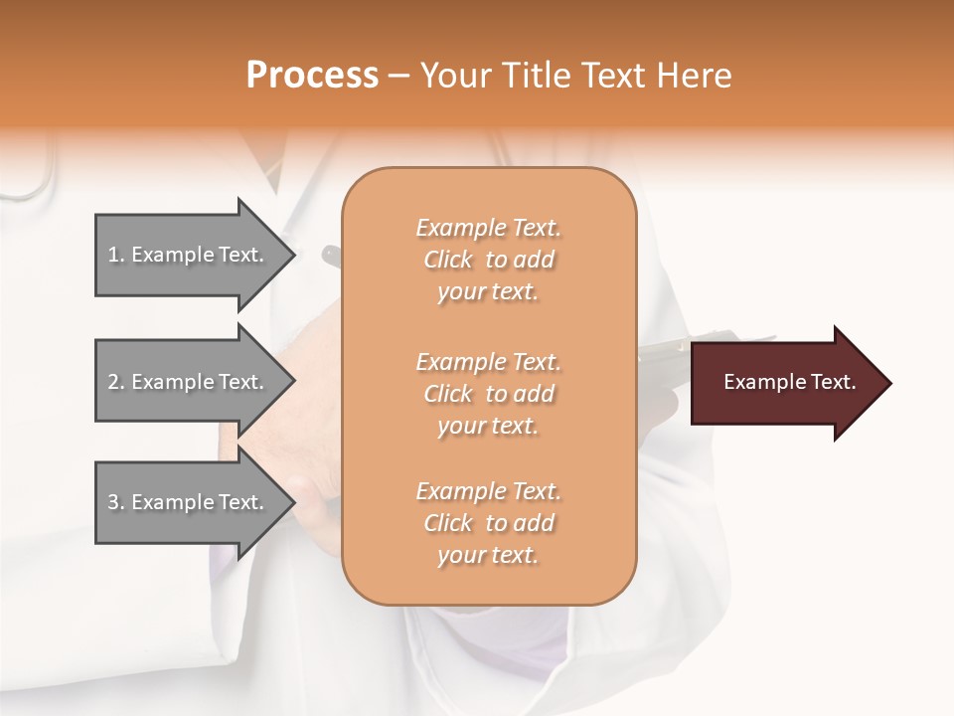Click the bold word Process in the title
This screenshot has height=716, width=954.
(x=312, y=76)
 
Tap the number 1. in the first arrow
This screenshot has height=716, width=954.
(x=116, y=255)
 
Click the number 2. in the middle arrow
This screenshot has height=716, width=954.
(x=116, y=382)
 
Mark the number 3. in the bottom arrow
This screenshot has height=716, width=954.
(x=116, y=502)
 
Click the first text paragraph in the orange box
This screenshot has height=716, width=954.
(x=488, y=260)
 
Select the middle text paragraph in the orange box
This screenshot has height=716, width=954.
(x=488, y=394)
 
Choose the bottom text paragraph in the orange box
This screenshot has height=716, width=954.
(x=488, y=523)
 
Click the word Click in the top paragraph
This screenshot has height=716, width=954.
(x=448, y=260)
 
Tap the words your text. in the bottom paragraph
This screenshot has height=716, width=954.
(x=488, y=555)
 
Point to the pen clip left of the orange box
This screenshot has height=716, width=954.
(x=331, y=256)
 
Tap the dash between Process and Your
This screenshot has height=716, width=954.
(x=399, y=76)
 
